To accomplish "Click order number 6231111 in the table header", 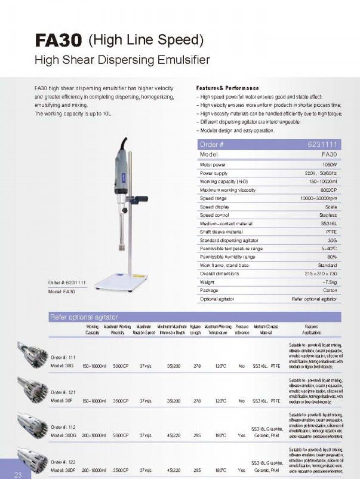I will coord(323,145).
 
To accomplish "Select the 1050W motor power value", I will coord(330,164).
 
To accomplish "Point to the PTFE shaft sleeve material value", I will coord(330,232).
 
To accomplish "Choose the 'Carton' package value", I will coord(330,290).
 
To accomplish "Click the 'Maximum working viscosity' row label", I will coord(227,190).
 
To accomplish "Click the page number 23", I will coord(17,475).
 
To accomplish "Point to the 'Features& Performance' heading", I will coord(227,88).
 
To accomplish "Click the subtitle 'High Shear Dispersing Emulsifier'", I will coord(122,60).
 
